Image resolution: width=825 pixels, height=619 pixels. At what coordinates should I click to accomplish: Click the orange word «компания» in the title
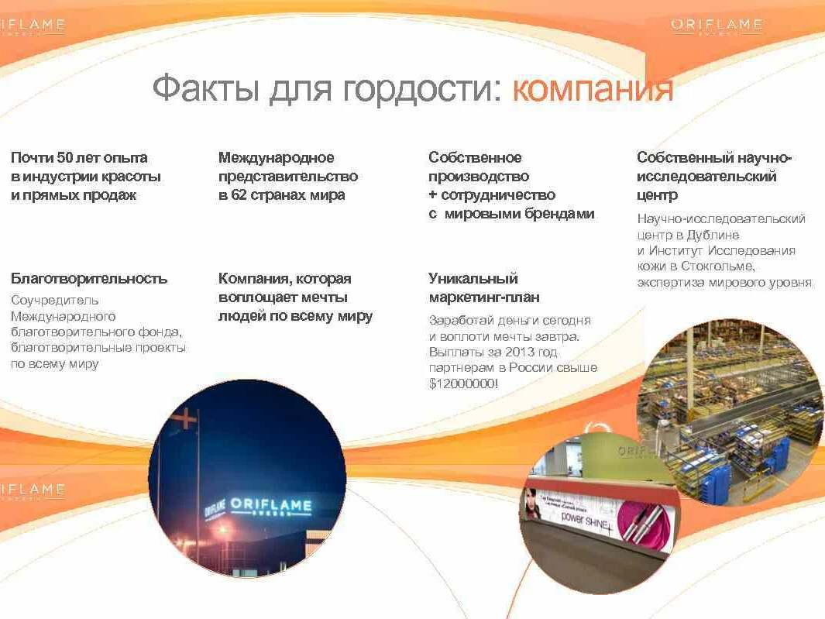[x=593, y=90]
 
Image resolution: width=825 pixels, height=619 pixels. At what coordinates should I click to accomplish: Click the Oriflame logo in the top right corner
[x=716, y=26]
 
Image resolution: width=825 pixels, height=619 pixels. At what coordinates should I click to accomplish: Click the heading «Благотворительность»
[x=89, y=279]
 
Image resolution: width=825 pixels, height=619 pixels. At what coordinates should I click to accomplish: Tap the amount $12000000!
[x=463, y=383]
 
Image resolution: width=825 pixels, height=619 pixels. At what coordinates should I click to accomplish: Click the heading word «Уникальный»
[x=473, y=279]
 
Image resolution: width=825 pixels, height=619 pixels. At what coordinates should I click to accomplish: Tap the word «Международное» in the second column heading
[x=277, y=158]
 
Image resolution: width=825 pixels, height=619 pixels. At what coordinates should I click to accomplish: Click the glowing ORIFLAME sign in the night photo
[x=271, y=506]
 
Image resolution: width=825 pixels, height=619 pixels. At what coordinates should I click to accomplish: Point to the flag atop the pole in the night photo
[x=186, y=419]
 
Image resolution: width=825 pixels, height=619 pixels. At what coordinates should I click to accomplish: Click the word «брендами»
[x=559, y=214]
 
